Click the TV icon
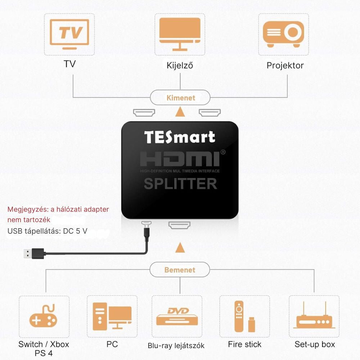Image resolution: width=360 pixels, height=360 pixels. coord(69,34)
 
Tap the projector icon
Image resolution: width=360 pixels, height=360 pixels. coord(283,34)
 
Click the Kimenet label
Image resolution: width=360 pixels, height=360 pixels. coord(181,98)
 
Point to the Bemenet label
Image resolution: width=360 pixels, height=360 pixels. coord(180,270)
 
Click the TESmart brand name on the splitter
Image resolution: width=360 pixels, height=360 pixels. coord(180,137)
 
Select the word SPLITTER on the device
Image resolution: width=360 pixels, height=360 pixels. coord(180,184)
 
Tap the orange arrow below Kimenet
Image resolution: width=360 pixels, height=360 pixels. coord(180,112)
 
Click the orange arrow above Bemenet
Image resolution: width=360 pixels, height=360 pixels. coord(180,248)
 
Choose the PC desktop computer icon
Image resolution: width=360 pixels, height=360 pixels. coord(112,316)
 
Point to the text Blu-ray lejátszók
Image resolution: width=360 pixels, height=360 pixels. coord(176,346)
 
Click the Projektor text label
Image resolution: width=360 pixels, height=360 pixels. coord(285,66)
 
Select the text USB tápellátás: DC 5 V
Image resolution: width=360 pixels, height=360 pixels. coord(47,231)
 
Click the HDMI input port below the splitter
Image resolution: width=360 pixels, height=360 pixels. coord(179,226)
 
